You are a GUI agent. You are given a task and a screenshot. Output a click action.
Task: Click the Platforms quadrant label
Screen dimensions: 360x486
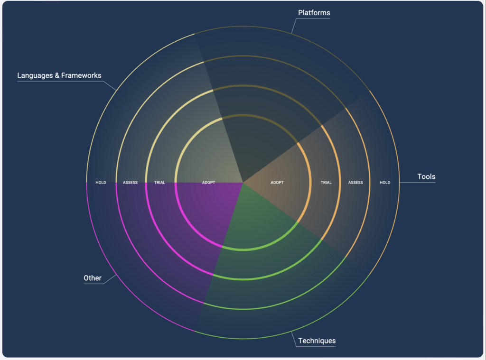[314, 13]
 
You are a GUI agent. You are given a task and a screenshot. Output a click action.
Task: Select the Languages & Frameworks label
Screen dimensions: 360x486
[59, 75]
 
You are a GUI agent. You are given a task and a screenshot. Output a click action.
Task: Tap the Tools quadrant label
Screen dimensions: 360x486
[426, 176]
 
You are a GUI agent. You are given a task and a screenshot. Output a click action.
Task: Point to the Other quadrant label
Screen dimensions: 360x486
[93, 278]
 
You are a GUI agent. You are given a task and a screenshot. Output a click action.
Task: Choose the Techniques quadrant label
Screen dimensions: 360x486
[317, 341]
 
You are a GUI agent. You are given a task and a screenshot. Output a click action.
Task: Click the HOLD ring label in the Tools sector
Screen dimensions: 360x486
[385, 183]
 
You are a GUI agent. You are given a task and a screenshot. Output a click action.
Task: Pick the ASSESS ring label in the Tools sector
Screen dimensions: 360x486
[355, 183]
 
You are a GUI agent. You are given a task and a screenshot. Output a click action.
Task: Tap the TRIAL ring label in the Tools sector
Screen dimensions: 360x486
[326, 183]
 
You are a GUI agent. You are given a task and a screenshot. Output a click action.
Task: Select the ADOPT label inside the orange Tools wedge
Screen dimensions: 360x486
[277, 183]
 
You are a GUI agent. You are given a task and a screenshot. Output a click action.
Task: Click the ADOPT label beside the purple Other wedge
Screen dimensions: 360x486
[208, 183]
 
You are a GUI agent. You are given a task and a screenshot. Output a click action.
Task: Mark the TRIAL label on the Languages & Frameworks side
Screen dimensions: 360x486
[159, 183]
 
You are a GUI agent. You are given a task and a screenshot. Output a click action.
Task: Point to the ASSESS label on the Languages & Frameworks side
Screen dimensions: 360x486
[130, 183]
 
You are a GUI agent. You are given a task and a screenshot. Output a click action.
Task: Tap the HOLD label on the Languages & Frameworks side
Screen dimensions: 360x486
[101, 183]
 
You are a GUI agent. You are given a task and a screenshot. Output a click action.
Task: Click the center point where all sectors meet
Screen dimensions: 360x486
[243, 183]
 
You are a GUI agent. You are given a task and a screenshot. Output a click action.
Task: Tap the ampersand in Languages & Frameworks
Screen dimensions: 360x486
[57, 75]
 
